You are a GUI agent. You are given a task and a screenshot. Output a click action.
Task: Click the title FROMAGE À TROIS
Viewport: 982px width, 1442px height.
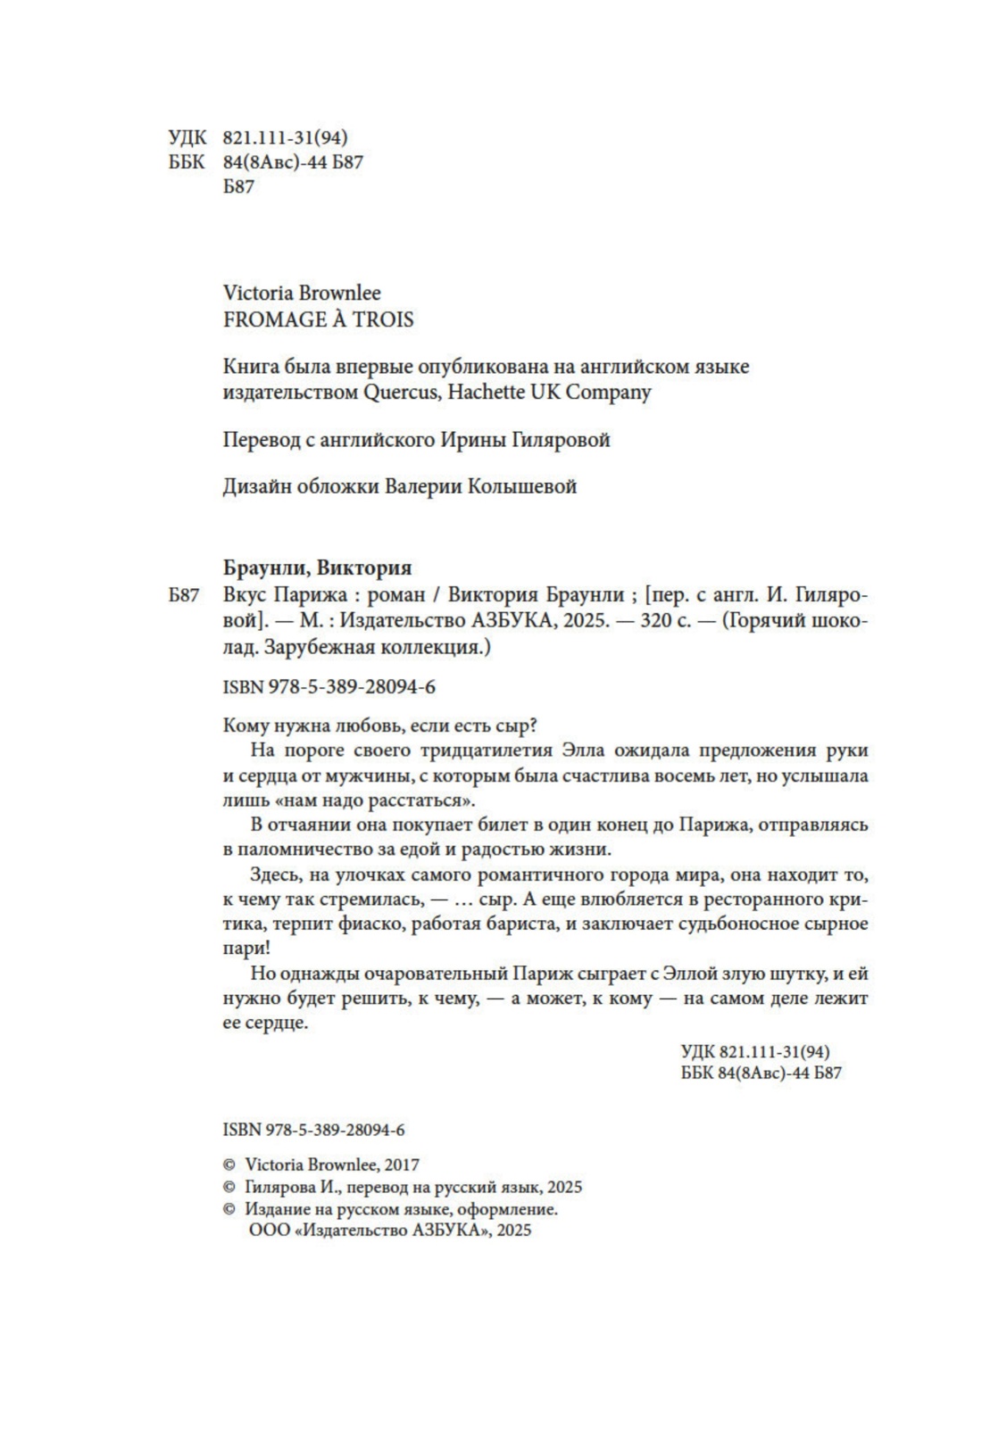[318, 320]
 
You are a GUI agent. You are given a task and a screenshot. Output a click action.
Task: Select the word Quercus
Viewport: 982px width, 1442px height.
[402, 392]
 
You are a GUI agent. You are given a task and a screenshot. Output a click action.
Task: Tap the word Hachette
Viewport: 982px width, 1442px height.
[490, 392]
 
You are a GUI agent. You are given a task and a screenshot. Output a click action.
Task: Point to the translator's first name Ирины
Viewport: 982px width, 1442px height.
[472, 440]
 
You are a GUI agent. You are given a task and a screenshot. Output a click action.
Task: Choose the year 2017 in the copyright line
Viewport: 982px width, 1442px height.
[402, 1164]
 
